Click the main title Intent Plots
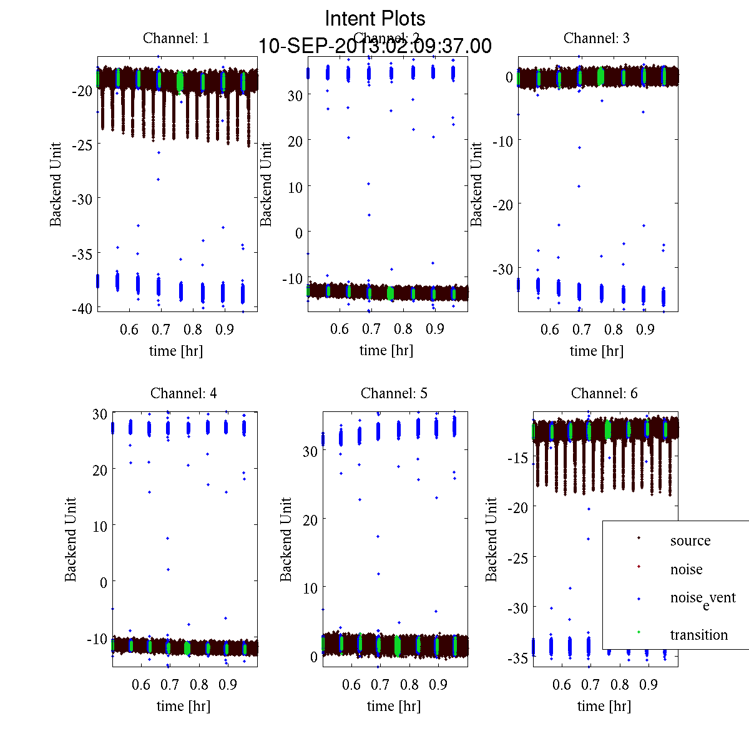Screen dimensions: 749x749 pyautogui.click(x=375, y=18)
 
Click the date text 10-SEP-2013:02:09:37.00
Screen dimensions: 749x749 pyautogui.click(x=375, y=46)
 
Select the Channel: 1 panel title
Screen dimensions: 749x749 pyautogui.click(x=176, y=38)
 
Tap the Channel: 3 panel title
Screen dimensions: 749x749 pyautogui.click(x=597, y=38)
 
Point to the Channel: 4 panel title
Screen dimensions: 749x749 pyautogui.click(x=184, y=393)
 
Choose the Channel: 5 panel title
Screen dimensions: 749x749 pyautogui.click(x=394, y=393)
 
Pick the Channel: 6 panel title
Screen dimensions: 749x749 pyautogui.click(x=604, y=393)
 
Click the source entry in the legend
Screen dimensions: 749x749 pyautogui.click(x=690, y=541)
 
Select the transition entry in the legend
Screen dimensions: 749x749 pyautogui.click(x=698, y=635)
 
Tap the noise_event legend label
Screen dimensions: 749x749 pyautogui.click(x=703, y=598)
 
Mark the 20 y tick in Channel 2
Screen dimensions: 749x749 pyautogui.click(x=295, y=141)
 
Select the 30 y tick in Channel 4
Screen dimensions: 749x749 pyautogui.click(x=100, y=413)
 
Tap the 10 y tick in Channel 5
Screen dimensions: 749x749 pyautogui.click(x=310, y=588)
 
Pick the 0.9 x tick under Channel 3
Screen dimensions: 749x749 pyautogui.click(x=645, y=329)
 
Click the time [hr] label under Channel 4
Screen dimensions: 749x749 pyautogui.click(x=184, y=706)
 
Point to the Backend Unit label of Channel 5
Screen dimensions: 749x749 pyautogui.click(x=286, y=539)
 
